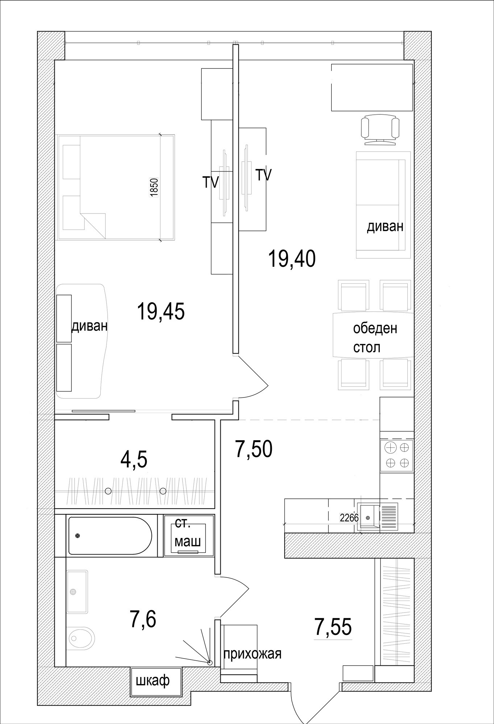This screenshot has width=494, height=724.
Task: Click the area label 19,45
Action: tap(161, 312)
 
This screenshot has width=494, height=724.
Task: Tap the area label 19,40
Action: tap(292, 259)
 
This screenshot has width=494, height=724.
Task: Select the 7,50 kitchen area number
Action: tap(254, 449)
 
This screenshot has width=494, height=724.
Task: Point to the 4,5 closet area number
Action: tap(134, 460)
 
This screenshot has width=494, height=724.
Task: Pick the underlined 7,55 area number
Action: tap(333, 627)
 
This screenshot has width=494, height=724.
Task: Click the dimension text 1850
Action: tap(154, 188)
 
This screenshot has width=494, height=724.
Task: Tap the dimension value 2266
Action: tap(349, 518)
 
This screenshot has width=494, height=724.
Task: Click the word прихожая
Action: tap(252, 654)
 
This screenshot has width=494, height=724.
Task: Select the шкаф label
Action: tap(153, 681)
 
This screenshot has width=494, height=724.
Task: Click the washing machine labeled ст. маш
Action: tap(188, 535)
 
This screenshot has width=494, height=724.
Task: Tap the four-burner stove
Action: tap(397, 455)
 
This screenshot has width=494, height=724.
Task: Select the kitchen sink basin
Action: tap(368, 517)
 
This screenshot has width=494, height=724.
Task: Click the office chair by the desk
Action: tap(380, 130)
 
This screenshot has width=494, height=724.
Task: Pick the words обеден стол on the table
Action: tap(375, 338)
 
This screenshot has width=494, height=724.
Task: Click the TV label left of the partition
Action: tap(211, 182)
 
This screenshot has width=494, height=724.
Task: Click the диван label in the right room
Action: tap(385, 227)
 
